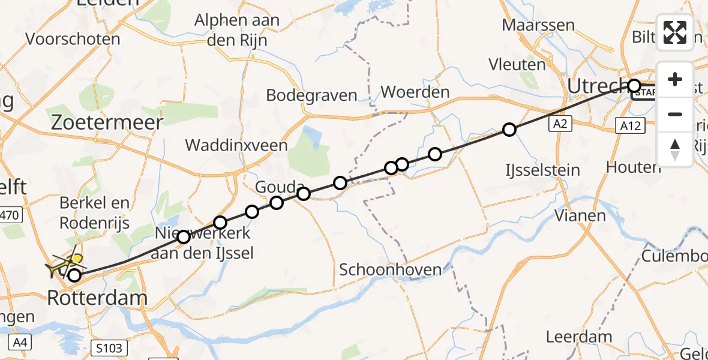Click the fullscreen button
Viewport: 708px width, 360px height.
click(x=675, y=32)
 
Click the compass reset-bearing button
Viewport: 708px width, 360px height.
click(x=675, y=148)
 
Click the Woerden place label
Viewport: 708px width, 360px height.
click(x=415, y=92)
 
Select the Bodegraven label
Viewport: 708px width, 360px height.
click(x=311, y=95)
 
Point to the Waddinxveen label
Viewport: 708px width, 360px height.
click(x=236, y=145)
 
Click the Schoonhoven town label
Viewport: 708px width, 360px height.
click(x=391, y=269)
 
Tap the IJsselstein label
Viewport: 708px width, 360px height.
click(x=542, y=170)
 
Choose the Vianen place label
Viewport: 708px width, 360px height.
click(x=580, y=215)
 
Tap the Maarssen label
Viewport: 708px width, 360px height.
click(x=538, y=26)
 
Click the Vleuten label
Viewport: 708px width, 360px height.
click(x=517, y=64)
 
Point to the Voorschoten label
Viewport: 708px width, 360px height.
click(x=73, y=40)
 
